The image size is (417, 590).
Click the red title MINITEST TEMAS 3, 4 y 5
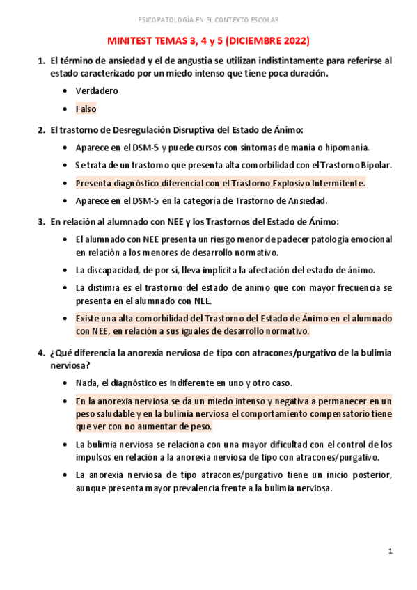(209, 41)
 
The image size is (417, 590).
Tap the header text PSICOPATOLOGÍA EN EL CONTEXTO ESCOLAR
(209, 19)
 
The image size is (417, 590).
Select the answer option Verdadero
(97, 90)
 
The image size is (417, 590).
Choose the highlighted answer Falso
(86, 109)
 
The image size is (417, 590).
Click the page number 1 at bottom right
(391, 551)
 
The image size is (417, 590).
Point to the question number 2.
(40, 130)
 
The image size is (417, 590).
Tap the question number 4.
(40, 353)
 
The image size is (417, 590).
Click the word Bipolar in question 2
(377, 165)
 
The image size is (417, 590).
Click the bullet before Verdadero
(65, 91)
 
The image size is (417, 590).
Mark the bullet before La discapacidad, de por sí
(65, 270)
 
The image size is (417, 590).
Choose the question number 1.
(40, 61)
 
